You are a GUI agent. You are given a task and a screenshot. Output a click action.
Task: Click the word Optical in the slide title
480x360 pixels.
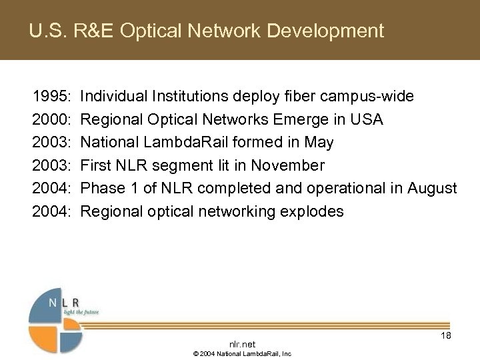pyautogui.click(x=149, y=31)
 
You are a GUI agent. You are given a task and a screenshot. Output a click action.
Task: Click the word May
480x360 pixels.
pyautogui.click(x=321, y=143)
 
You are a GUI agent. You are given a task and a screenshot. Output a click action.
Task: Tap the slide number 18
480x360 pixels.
pyautogui.click(x=446, y=335)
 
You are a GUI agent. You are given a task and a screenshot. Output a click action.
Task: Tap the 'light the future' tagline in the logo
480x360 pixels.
pyautogui.click(x=80, y=312)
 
